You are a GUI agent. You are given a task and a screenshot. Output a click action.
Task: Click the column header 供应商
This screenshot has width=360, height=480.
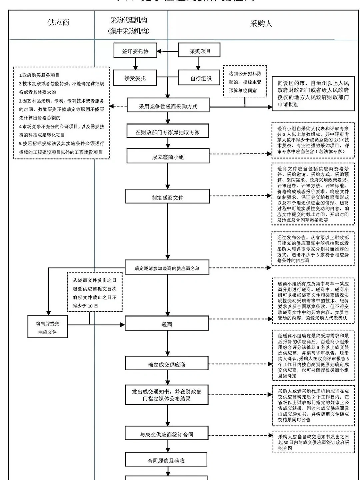[58, 23]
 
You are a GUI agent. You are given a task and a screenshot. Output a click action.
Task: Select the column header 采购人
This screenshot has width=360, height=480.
[261, 23]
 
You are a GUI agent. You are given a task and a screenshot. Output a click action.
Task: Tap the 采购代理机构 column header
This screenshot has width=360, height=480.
[129, 25]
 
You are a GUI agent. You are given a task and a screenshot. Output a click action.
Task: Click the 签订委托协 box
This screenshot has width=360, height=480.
[135, 51]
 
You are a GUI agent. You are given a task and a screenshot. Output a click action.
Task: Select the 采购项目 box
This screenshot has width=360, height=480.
[199, 51]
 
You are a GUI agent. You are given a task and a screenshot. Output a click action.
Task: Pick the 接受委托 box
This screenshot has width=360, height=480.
[135, 78]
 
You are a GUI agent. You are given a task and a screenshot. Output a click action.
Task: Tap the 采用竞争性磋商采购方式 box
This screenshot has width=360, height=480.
[168, 106]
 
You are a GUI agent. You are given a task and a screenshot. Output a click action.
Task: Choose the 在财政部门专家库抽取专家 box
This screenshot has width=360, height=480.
[168, 132]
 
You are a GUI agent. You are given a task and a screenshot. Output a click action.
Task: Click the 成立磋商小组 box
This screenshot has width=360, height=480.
[168, 156]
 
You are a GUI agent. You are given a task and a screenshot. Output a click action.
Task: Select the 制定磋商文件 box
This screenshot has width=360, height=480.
[167, 197]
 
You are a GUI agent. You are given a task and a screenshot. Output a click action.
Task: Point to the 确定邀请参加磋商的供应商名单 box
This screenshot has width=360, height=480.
[167, 268]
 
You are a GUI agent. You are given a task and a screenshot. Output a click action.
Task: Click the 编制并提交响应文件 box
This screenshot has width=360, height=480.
[48, 327]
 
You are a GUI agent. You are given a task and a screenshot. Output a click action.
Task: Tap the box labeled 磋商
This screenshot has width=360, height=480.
[167, 324]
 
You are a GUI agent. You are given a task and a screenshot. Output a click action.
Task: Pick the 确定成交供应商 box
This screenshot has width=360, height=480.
[167, 364]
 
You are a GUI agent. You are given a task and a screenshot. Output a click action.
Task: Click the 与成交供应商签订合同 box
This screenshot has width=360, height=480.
[166, 434]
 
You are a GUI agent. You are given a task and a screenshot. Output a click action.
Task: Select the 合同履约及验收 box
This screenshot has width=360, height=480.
[166, 460]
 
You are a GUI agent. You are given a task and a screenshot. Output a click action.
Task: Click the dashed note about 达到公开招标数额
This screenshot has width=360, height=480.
[245, 82]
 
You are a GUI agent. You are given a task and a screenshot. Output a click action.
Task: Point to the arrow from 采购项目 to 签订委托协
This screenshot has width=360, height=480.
[168, 51]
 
